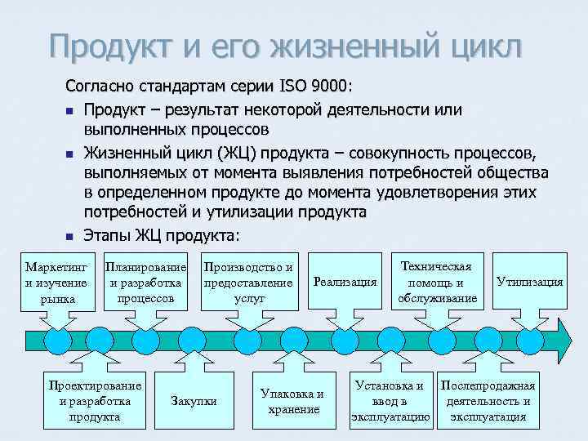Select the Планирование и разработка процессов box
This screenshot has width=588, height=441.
[x=145, y=282]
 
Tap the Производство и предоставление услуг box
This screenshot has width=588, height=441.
[x=247, y=282]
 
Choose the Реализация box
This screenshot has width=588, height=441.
[x=345, y=282]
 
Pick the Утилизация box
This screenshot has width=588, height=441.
[x=529, y=282]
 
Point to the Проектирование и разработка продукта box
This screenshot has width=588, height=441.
[x=95, y=400]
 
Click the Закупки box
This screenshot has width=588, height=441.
[x=194, y=400]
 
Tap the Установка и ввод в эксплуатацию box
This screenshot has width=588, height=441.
[x=390, y=400]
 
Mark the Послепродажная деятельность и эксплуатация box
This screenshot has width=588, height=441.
[x=488, y=400]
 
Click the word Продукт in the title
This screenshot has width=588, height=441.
[x=114, y=44]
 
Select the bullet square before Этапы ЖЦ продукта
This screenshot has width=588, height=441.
[x=69, y=238]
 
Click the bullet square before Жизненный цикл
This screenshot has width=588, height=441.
[x=69, y=153]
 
